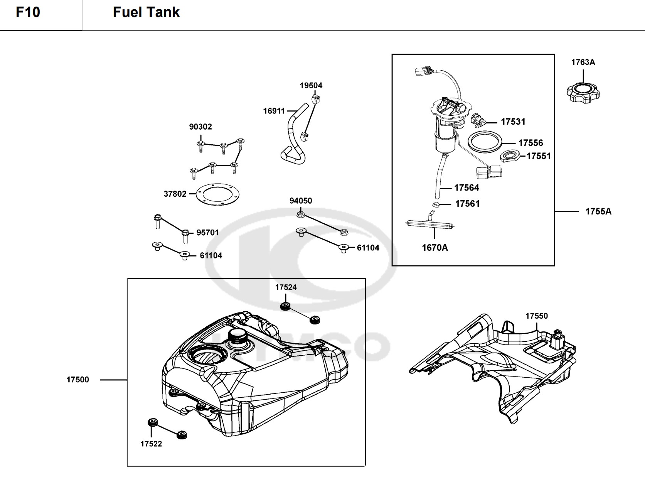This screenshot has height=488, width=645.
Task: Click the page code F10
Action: (x=28, y=12)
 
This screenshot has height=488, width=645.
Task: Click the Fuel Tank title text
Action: (x=146, y=12)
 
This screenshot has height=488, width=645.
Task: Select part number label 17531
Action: (x=513, y=122)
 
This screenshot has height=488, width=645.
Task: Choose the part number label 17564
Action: (x=466, y=187)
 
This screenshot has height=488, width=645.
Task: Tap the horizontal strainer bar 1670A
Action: (x=430, y=225)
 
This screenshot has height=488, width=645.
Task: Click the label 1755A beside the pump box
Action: (x=598, y=211)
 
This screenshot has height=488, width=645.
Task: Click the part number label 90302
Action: (x=200, y=127)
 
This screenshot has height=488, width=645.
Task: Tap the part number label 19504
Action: (x=311, y=86)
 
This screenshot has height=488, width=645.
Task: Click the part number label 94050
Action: (x=301, y=201)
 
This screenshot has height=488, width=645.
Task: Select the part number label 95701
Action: (x=207, y=233)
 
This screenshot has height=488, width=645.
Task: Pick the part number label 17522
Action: (x=151, y=444)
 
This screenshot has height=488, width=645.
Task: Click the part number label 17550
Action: (x=537, y=316)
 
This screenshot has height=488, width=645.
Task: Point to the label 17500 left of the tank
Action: (x=77, y=380)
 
